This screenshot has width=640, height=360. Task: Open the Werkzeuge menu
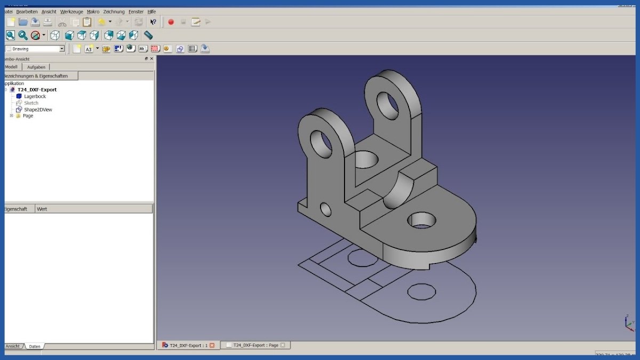click(71, 11)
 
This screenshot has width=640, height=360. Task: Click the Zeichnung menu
click(114, 11)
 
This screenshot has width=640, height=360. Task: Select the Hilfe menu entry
click(152, 11)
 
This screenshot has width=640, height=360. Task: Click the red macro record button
click(171, 22)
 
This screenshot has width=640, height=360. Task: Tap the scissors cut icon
click(62, 22)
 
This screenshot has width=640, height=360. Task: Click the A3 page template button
click(89, 49)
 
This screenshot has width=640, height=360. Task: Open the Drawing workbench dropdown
click(35, 49)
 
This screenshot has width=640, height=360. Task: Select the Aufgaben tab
click(37, 67)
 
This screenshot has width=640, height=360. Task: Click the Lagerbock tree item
click(35, 97)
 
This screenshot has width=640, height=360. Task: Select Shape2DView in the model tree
click(38, 109)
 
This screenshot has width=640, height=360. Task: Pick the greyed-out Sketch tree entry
click(31, 103)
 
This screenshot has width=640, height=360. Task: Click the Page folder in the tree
click(27, 116)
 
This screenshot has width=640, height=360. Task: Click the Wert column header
click(42, 209)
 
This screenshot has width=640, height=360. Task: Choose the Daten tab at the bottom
click(35, 346)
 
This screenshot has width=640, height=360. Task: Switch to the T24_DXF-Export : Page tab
click(255, 345)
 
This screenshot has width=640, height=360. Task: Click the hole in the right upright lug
click(388, 105)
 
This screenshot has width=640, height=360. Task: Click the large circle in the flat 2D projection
click(421, 291)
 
